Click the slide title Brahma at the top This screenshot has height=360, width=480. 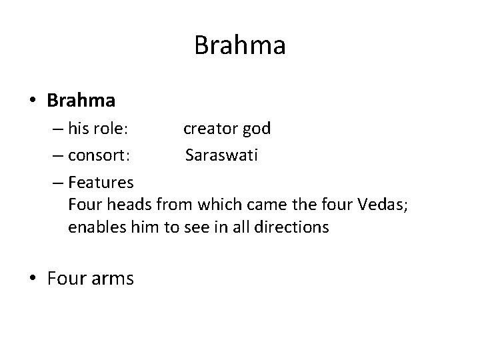[240, 46]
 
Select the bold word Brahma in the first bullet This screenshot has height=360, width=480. [81, 101]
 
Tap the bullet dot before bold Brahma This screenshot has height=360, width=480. [33, 101]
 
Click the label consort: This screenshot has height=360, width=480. [99, 156]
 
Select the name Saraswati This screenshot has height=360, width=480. [222, 156]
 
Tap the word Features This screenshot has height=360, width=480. [101, 182]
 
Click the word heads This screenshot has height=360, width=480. [124, 205]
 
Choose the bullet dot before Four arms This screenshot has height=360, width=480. [33, 278]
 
